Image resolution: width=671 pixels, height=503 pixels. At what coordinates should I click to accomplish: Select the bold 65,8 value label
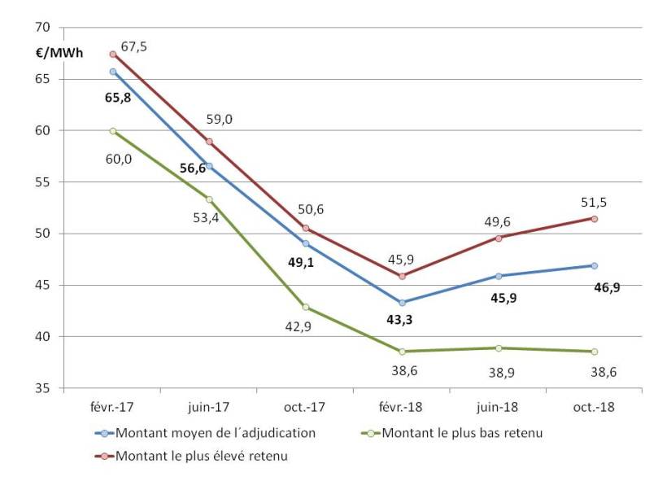point(118,97)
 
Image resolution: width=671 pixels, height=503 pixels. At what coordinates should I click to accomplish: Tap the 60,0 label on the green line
point(118,158)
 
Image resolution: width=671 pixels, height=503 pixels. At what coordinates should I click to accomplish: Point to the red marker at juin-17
point(209,142)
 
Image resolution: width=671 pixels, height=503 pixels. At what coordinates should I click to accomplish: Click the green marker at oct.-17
point(306,307)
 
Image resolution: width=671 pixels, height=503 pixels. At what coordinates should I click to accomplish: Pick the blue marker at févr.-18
point(402,303)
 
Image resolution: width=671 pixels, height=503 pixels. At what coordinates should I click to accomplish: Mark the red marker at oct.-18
point(595,219)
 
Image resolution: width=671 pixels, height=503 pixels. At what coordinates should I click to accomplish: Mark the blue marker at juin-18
point(499,276)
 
